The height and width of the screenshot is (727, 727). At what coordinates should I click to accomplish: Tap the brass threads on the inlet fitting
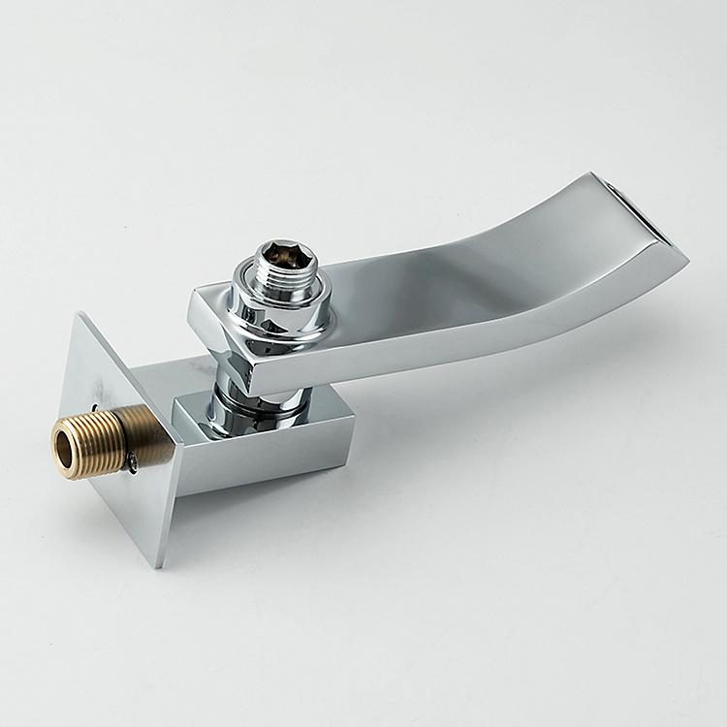(97, 441)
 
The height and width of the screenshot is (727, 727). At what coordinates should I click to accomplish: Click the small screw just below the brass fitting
(130, 467)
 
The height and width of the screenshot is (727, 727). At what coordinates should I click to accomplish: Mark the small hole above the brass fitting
(95, 407)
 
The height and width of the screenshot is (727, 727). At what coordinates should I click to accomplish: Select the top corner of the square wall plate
(79, 314)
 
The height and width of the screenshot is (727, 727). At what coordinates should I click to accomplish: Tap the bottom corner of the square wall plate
(159, 566)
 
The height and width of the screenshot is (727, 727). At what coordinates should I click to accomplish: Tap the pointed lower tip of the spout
(686, 260)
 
